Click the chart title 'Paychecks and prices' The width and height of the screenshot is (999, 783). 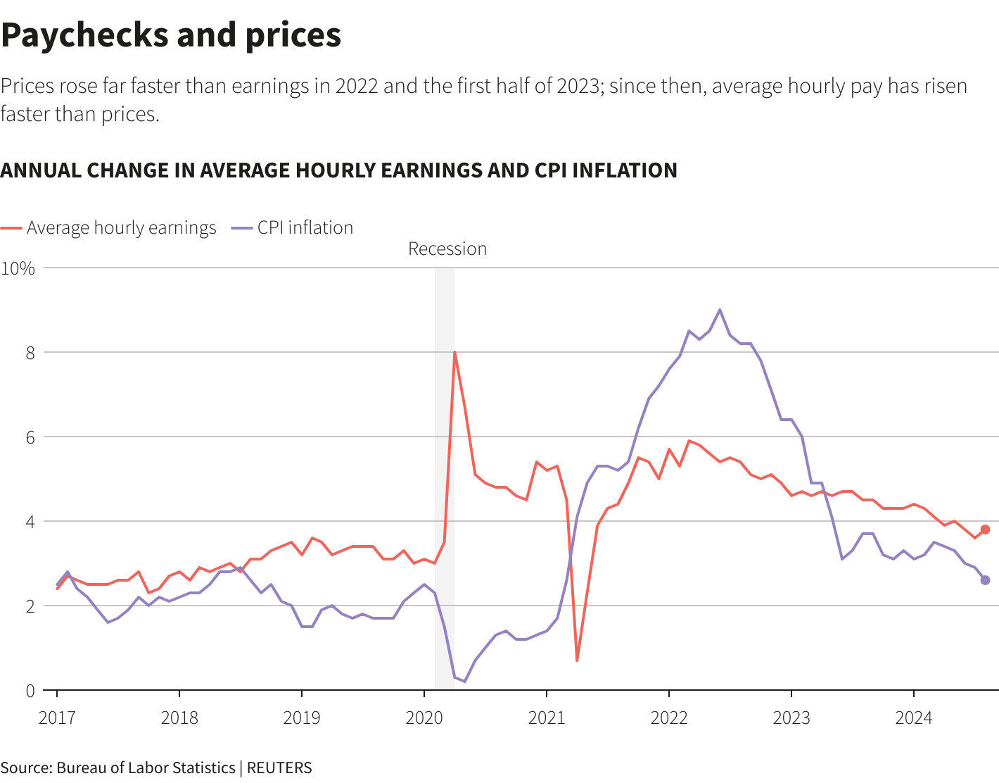point(171,35)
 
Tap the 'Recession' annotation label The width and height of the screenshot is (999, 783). point(447,249)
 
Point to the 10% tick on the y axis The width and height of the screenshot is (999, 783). point(18,268)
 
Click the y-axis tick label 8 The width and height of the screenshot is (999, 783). point(30,353)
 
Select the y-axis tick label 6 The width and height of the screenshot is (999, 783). point(30,437)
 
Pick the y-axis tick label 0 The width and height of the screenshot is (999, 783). point(30,691)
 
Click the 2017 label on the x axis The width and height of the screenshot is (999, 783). point(57,718)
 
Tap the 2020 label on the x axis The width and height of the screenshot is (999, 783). point(424,718)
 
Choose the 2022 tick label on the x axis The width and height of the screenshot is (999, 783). point(669,718)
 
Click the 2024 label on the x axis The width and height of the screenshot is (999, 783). point(913,718)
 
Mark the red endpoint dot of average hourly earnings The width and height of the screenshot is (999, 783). point(985,530)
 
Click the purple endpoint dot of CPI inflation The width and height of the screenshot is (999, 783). point(985,580)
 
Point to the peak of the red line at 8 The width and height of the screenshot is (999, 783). point(454,352)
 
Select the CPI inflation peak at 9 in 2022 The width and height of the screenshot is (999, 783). point(720,310)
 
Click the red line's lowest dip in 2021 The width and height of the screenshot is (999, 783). point(577,660)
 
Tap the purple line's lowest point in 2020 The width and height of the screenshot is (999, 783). point(464,682)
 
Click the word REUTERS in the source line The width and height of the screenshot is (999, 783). point(279,768)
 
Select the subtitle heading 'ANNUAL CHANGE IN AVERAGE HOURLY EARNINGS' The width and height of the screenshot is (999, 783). point(338,170)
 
